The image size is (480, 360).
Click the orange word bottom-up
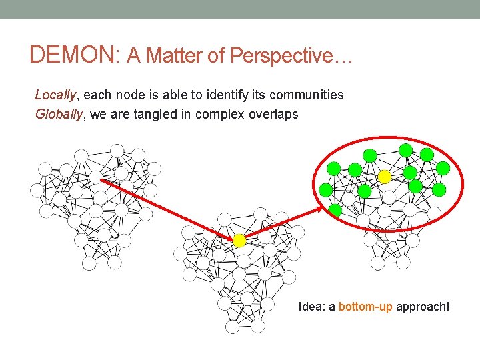[365, 307]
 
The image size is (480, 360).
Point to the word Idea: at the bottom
[311, 307]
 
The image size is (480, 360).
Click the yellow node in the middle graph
[239, 241]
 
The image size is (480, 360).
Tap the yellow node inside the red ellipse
[385, 176]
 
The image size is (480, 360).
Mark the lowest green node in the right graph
[335, 210]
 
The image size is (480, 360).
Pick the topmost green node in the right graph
[405, 149]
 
